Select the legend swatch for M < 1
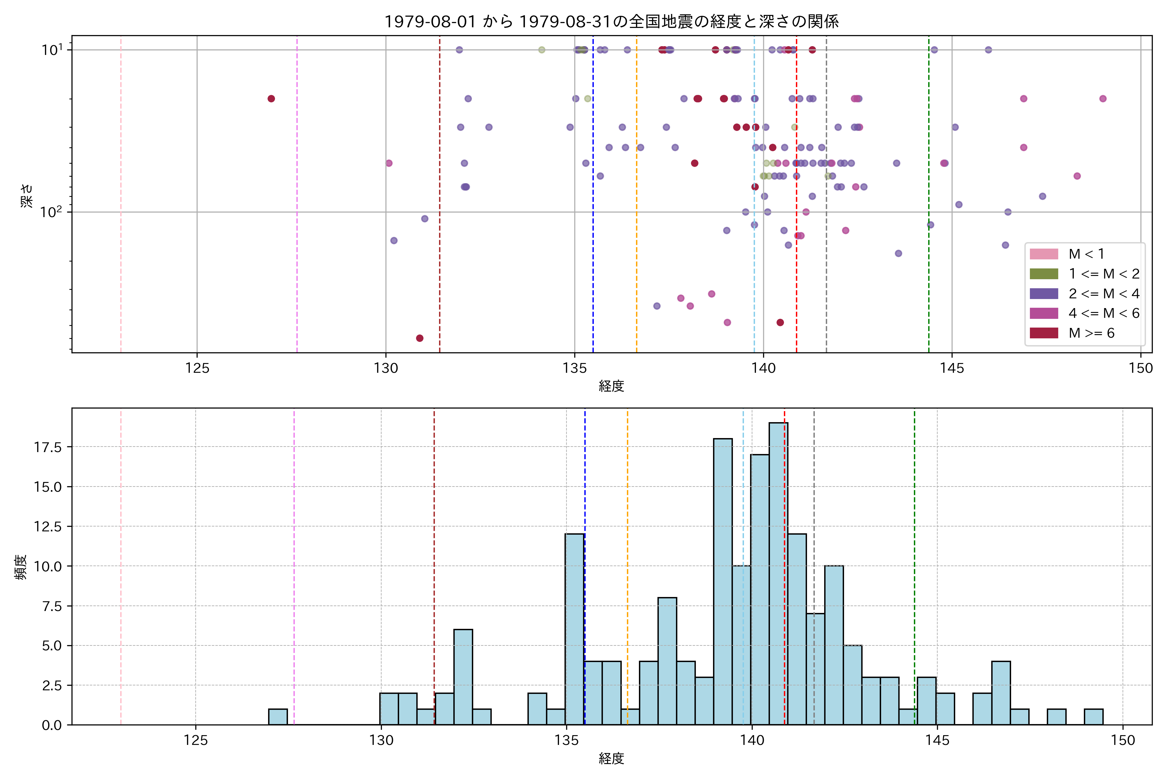pos(1044,254)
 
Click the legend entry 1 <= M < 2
pos(1104,274)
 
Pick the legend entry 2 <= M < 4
pos(1104,293)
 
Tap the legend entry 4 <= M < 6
pos(1104,313)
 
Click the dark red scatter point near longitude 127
pos(271,98)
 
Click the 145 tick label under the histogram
pos(937,740)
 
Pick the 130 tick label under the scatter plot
pos(386,368)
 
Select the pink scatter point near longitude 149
pos(1103,98)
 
